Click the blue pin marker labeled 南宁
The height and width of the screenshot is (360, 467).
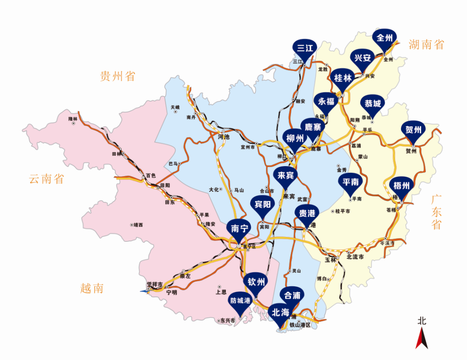[239, 228]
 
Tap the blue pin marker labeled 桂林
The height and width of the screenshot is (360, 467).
[343, 78]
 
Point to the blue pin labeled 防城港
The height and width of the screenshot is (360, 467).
[240, 301]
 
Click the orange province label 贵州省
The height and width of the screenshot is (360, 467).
[118, 76]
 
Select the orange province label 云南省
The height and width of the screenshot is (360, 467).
[46, 180]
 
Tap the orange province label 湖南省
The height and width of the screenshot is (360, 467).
[426, 45]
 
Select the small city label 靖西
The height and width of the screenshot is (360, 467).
[138, 225]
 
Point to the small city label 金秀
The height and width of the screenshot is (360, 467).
[341, 170]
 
